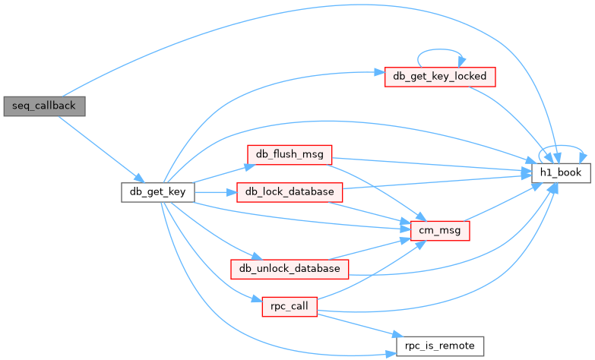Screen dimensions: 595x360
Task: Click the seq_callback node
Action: point(44,106)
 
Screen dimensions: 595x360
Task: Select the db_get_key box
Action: point(158,192)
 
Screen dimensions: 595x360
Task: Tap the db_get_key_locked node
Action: point(440,77)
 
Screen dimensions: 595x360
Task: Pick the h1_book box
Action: point(561,173)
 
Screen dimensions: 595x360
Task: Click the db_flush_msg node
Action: point(290,155)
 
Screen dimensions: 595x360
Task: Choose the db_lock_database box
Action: point(290,192)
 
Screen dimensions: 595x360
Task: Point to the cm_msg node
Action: point(440,231)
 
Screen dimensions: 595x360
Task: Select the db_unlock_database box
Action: point(290,269)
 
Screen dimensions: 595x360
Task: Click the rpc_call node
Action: point(290,307)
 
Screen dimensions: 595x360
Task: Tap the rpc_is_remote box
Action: point(440,346)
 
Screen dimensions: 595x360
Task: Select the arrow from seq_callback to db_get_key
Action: point(101,149)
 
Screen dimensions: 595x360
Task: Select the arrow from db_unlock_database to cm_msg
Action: point(371,249)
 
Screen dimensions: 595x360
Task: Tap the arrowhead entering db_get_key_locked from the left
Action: point(379,72)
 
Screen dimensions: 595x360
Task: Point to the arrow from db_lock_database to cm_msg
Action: point(371,212)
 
